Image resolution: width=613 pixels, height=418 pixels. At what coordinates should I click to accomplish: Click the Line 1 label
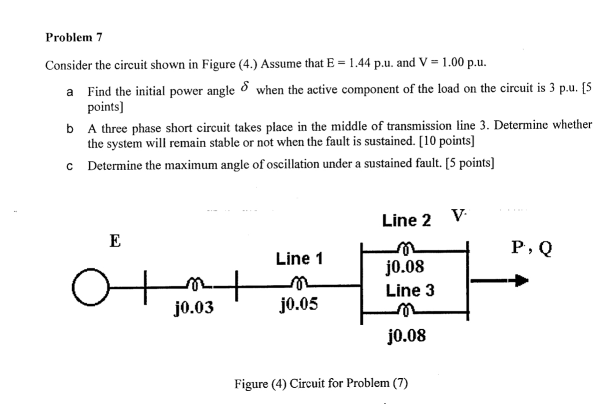(300, 259)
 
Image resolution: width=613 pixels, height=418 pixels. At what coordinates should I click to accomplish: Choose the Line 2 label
(406, 220)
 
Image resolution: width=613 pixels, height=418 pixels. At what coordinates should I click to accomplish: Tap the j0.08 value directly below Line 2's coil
(406, 267)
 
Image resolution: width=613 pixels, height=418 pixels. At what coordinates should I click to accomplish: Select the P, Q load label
(531, 247)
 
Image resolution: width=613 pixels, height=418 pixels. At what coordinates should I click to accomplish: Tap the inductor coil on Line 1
(300, 282)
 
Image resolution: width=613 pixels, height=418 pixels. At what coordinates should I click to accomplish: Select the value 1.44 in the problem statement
(359, 64)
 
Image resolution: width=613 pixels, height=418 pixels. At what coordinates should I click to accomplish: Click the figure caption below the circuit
(321, 383)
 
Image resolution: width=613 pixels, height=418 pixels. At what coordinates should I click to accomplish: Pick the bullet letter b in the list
(70, 128)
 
